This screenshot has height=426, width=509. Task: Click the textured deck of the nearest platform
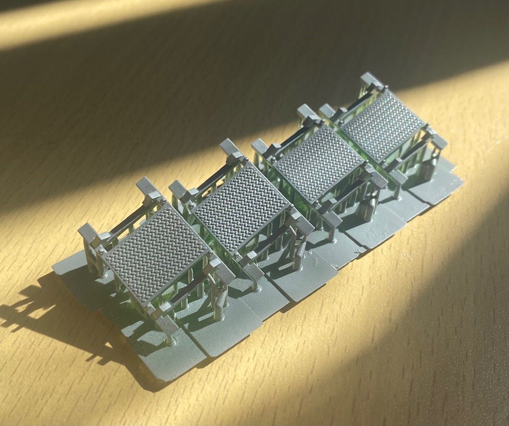tap(158, 256)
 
